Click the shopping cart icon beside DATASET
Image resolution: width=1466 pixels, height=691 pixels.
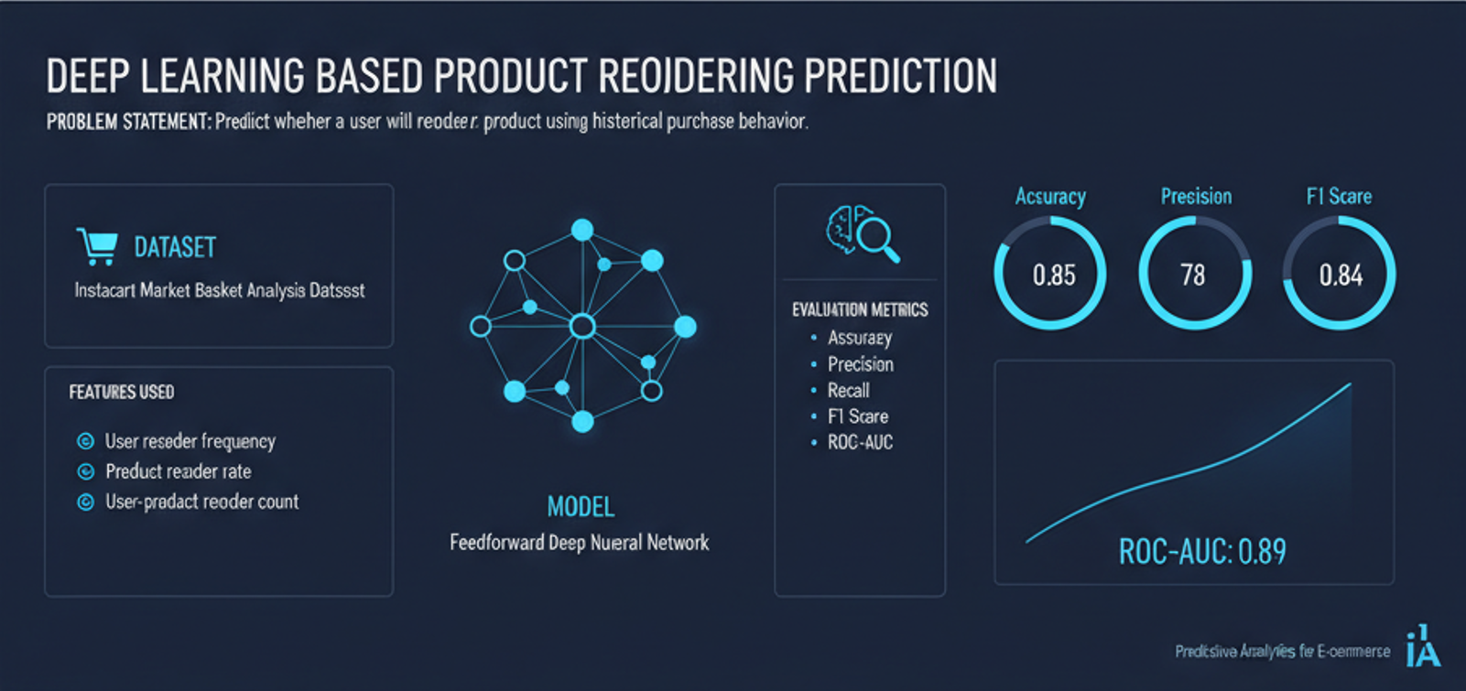coord(97,246)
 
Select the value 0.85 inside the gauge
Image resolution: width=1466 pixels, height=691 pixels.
coord(1053,275)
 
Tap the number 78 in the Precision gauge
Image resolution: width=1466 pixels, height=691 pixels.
coord(1192,275)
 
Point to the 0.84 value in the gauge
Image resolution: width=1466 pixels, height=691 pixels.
coord(1340,275)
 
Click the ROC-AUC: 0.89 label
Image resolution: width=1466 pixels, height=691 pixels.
coord(1201,552)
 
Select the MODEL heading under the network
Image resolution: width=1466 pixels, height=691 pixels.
coord(581,507)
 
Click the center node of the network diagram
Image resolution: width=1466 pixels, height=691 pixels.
coord(582,327)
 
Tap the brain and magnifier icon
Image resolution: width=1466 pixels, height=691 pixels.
coord(862,232)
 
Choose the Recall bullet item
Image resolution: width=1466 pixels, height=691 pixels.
coord(848,391)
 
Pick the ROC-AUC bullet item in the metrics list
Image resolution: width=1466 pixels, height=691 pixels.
coord(860,443)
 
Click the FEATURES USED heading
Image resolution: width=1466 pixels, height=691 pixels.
coord(122,393)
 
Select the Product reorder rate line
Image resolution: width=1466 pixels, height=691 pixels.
coord(178,472)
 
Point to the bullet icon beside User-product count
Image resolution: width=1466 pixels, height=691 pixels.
coord(85,502)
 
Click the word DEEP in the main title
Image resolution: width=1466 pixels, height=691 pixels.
coord(88,77)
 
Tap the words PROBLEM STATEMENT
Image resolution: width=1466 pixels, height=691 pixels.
coord(128,122)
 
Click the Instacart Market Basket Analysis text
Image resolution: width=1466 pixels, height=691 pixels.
coord(219,291)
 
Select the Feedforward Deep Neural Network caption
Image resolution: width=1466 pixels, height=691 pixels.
coord(579,543)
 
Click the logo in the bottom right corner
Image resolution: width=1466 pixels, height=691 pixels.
coord(1422,647)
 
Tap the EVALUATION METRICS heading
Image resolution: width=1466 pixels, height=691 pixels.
coord(860,310)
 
